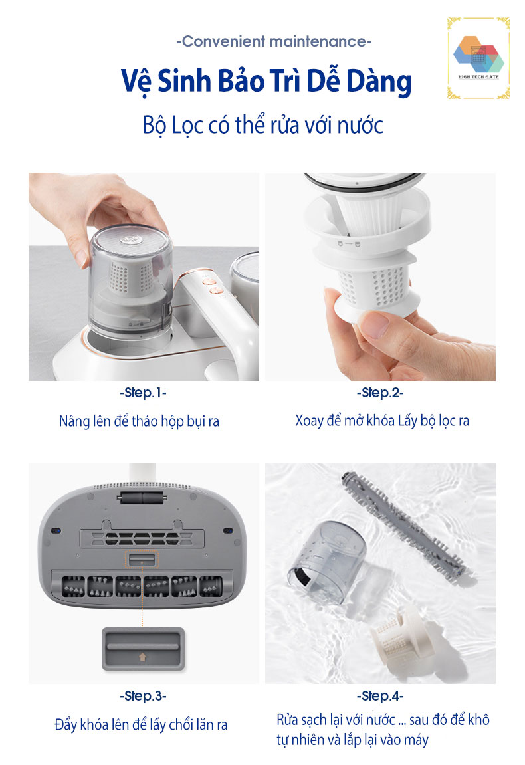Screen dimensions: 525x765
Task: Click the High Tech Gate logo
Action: (x=478, y=58)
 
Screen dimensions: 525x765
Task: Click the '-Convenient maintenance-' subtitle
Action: (x=274, y=41)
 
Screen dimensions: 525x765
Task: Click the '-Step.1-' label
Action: (x=143, y=393)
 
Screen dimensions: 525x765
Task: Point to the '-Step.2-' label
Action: (x=380, y=393)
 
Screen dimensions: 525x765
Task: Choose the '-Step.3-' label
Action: (x=143, y=696)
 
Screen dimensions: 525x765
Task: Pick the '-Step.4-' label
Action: (x=380, y=696)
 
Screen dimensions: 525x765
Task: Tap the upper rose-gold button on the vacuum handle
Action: (x=210, y=281)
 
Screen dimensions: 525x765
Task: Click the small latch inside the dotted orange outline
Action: (x=142, y=559)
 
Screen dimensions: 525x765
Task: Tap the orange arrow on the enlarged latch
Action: (x=142, y=657)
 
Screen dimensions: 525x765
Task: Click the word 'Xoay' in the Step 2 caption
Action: (x=310, y=421)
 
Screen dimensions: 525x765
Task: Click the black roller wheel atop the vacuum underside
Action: (x=142, y=498)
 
